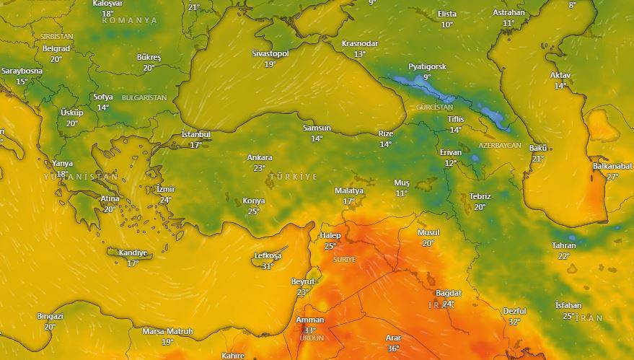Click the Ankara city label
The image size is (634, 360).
click(x=260, y=157)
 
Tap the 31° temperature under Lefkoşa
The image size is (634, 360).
click(x=268, y=266)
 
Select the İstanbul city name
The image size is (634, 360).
click(x=195, y=134)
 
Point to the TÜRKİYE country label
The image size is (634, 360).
click(x=294, y=177)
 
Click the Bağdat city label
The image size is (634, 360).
click(x=449, y=293)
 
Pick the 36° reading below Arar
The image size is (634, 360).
click(x=393, y=348)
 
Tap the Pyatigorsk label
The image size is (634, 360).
click(x=427, y=66)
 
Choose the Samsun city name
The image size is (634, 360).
click(x=317, y=128)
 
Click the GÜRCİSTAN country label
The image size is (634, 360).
click(x=434, y=107)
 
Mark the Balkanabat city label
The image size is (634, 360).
click(x=612, y=166)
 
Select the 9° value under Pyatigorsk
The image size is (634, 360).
click(x=427, y=77)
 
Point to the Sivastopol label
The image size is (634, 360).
click(x=270, y=53)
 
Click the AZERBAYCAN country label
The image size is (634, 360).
click(x=500, y=145)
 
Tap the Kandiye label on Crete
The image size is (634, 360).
click(x=133, y=253)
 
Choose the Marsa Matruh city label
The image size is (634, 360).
click(x=167, y=331)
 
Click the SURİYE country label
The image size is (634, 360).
click(x=344, y=259)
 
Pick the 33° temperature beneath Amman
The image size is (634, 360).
click(x=310, y=330)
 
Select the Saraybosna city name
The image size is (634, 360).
click(x=22, y=71)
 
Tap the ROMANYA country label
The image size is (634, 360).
click(x=130, y=20)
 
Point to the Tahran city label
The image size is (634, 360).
click(x=564, y=245)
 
